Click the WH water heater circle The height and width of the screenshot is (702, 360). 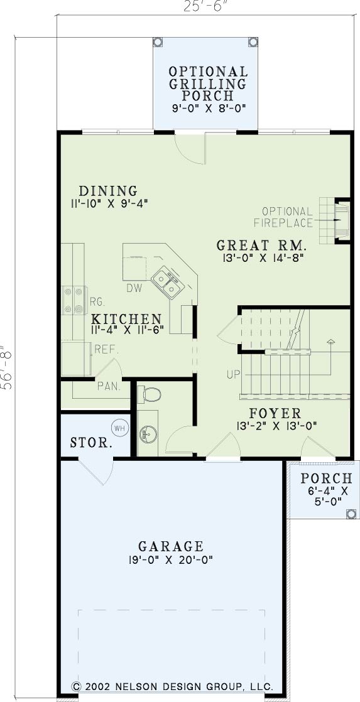click(x=119, y=428)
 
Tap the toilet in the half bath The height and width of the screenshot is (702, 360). click(x=150, y=394)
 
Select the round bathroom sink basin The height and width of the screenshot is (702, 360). click(x=148, y=433)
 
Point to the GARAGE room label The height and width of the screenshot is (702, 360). click(x=171, y=546)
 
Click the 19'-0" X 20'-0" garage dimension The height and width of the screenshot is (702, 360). click(x=171, y=559)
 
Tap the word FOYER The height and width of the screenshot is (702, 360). click(x=275, y=413)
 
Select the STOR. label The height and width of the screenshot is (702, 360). click(x=91, y=443)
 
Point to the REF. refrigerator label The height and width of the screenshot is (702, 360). click(x=106, y=349)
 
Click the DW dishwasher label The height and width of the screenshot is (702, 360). click(x=134, y=288)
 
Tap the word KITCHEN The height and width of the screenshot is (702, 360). click(x=126, y=319)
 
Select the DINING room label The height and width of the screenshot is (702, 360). click(x=107, y=191)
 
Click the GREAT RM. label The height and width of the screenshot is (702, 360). click(x=261, y=246)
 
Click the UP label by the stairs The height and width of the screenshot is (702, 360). click(x=233, y=374)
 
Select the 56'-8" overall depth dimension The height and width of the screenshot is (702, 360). click(x=8, y=367)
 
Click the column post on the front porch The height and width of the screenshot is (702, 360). click(x=351, y=514)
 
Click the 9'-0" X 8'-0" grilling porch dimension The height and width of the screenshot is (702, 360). click(x=208, y=108)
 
